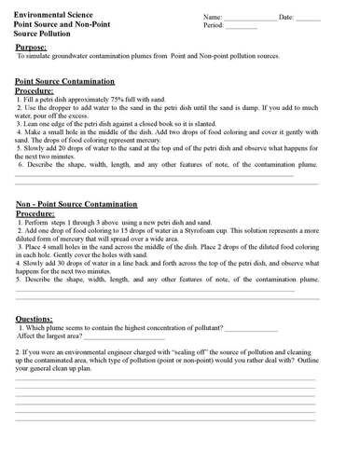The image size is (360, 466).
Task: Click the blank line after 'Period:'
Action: click(241, 29)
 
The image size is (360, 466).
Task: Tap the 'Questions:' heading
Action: click(40, 318)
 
